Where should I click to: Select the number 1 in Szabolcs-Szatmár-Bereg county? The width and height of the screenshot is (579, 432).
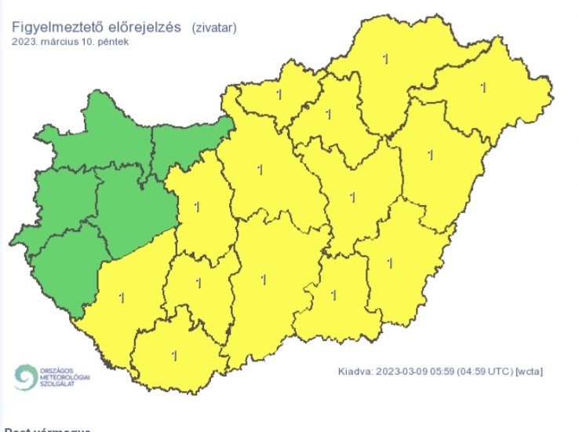click(482, 86)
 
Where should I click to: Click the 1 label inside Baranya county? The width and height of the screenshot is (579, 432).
click(174, 355)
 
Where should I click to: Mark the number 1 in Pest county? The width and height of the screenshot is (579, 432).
click(260, 168)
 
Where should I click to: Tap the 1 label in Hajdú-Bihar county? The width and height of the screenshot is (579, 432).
click(429, 153)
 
